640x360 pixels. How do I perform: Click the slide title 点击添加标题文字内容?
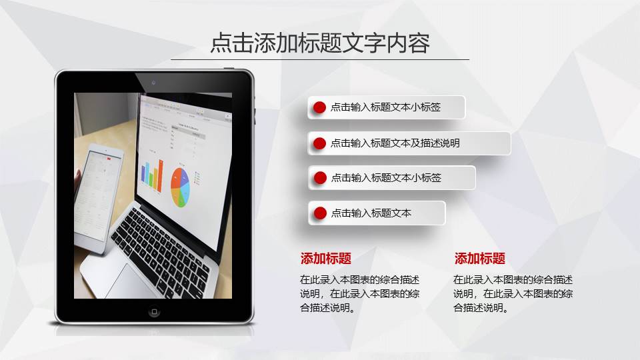point(320,43)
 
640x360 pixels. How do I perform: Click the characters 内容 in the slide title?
point(409,43)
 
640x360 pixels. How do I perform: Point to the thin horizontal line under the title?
point(320,60)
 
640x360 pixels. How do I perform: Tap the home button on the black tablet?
point(155,311)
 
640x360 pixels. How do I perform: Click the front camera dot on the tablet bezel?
point(154,82)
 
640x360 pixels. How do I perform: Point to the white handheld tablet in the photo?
point(99,197)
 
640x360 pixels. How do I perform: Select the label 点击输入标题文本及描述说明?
point(395,143)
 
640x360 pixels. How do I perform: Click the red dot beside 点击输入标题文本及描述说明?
point(320,143)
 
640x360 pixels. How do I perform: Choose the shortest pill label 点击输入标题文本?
point(371,213)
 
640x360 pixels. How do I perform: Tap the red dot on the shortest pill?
point(320,213)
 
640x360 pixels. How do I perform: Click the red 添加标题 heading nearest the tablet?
point(326,259)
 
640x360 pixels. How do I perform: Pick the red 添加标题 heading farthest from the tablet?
point(480,259)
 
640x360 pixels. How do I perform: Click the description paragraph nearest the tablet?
point(360,293)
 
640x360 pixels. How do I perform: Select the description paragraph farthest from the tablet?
point(513,293)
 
